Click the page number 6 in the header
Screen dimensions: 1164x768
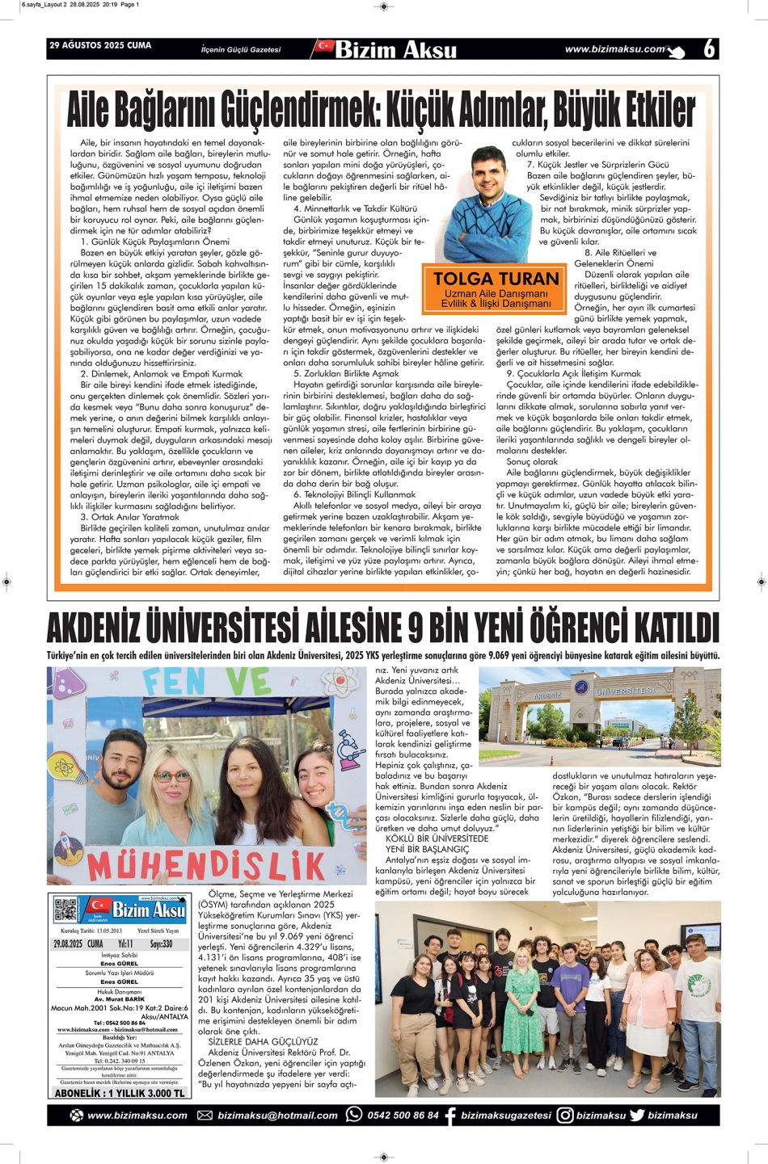tap(709, 48)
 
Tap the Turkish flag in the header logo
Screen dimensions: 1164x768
tap(325, 47)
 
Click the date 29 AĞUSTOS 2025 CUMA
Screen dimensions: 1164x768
tap(100, 45)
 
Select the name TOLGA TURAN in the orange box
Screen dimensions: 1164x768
tap(496, 279)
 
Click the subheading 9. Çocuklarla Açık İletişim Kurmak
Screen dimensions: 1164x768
tap(574, 374)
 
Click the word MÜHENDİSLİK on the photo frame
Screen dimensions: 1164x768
tap(206, 864)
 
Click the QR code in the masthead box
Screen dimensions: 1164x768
tap(65, 910)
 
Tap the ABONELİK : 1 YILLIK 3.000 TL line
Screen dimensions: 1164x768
tap(120, 1093)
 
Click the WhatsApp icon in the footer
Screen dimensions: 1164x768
tap(353, 1115)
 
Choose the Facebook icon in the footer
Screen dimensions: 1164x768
tap(449, 1115)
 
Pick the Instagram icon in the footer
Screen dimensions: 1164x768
tap(565, 1115)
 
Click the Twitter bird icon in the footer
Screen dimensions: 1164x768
tap(637, 1115)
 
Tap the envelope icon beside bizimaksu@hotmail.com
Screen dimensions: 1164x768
tap(205, 1115)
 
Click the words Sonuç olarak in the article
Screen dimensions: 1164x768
tap(532, 462)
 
